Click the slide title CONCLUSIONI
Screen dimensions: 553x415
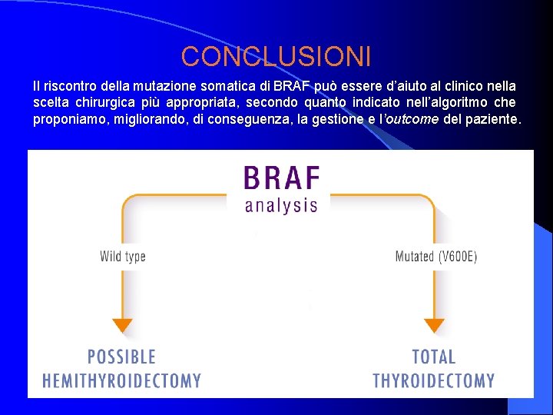[x=276, y=56]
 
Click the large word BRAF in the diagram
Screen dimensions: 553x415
[x=282, y=178]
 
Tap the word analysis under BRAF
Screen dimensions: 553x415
[x=281, y=205]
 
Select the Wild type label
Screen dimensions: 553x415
[x=123, y=257]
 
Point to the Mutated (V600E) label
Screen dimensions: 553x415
[x=435, y=257]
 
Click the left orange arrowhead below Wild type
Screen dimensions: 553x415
[x=122, y=325]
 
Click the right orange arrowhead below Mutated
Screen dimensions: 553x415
[x=434, y=325]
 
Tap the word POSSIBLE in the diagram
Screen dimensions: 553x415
[x=121, y=357]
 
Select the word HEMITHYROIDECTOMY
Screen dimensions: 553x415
[x=121, y=380]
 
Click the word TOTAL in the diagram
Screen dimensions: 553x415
[x=434, y=357]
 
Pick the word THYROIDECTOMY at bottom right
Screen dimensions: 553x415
[x=434, y=380]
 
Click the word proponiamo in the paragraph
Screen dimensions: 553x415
[x=66, y=120]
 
